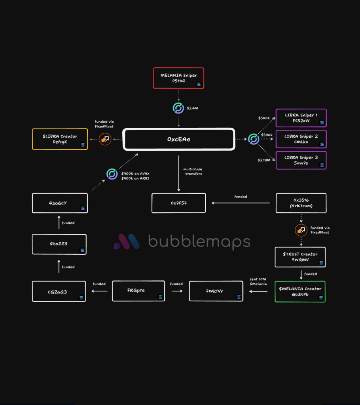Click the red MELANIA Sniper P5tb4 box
[x=178, y=78]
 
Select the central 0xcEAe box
[x=179, y=139]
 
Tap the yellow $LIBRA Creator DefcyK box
[x=60, y=139]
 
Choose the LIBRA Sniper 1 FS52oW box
[x=301, y=118]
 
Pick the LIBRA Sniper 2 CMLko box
[x=301, y=139]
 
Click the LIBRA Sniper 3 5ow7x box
[x=301, y=160]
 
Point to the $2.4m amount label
[x=193, y=108]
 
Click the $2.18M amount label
[x=264, y=159]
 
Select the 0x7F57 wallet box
[x=179, y=203]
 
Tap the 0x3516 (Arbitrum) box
[x=301, y=203]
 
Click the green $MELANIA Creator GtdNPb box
[x=300, y=291]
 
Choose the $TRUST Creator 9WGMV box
[x=300, y=257]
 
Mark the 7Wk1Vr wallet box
[x=216, y=291]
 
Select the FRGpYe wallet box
[x=138, y=291]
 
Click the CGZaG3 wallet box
[x=59, y=291]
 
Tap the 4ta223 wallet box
[x=59, y=244]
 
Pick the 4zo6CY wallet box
[x=60, y=203]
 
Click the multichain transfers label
[x=193, y=171]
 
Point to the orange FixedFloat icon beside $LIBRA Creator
[x=105, y=139]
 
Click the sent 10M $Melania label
[x=259, y=282]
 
